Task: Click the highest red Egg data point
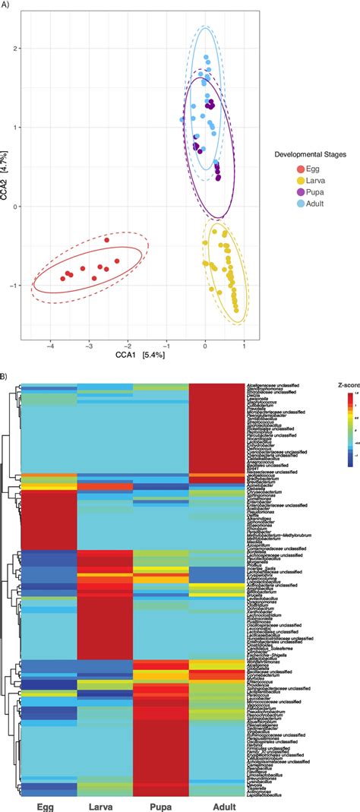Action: pyautogui.click(x=107, y=240)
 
